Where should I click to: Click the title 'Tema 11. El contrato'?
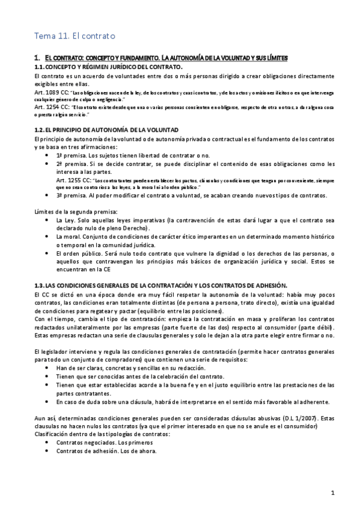tap(73, 36)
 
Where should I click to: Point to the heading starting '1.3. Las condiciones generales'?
tap(161, 284)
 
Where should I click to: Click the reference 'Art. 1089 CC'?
tap(52, 94)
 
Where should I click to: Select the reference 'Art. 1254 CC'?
tap(52, 108)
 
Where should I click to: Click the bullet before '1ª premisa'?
tap(48, 155)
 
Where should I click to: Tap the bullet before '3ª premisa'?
tap(48, 195)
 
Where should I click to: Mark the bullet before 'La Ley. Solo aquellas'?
tap(48, 220)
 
